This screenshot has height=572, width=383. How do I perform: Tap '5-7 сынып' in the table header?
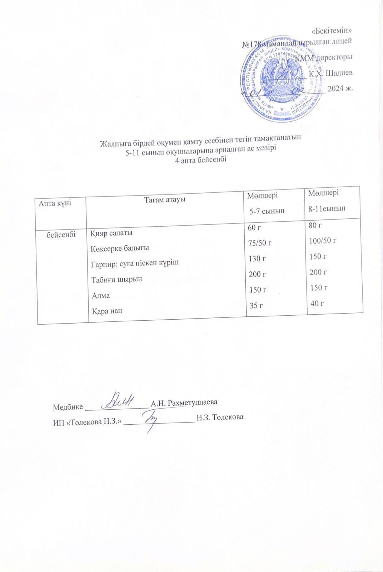[267, 211]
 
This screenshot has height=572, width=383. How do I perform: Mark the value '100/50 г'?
[323, 241]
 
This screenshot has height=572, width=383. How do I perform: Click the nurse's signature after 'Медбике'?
[121, 401]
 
